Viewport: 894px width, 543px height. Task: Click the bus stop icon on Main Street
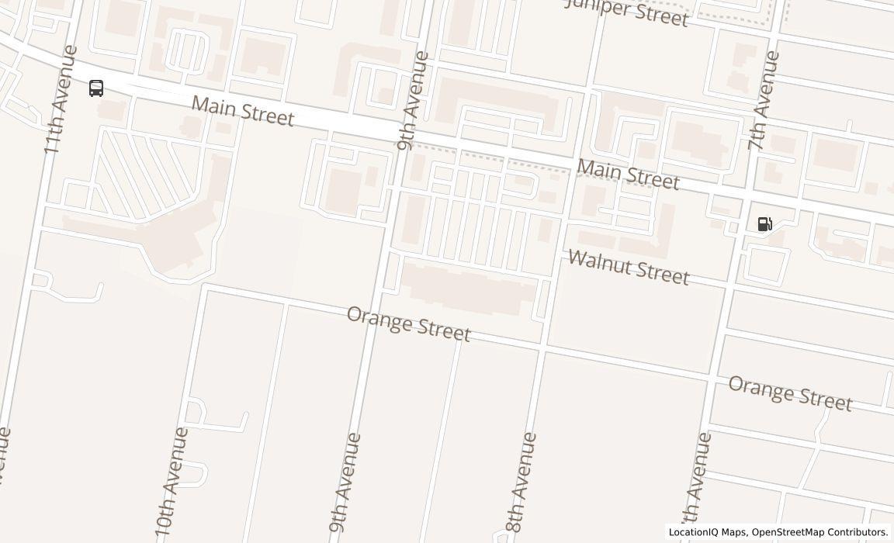[96, 88]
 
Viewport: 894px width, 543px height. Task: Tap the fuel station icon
[764, 224]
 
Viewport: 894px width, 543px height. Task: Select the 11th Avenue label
[61, 99]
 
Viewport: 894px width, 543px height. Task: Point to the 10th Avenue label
[172, 481]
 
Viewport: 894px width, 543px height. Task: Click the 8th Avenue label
[521, 482]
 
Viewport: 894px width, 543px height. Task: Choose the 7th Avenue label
[764, 101]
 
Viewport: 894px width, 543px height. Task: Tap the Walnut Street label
[629, 268]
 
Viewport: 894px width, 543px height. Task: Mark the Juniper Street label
[627, 12]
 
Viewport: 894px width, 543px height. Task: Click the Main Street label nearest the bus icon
[243, 111]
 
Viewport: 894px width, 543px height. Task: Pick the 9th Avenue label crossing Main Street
[412, 101]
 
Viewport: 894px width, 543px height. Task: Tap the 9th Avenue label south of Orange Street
[345, 486]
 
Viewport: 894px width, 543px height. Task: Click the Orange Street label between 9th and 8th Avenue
[408, 323]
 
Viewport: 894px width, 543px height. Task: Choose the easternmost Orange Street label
[790, 393]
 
